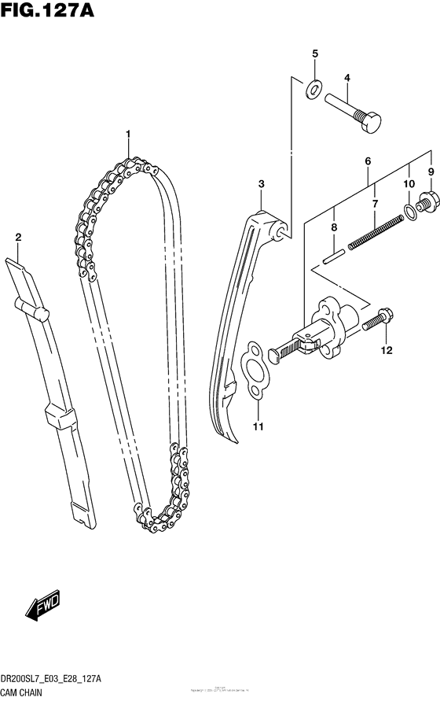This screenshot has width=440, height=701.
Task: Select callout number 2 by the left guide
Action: [18, 237]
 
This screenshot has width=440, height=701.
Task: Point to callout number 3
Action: [261, 184]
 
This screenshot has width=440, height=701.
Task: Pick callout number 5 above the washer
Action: [314, 53]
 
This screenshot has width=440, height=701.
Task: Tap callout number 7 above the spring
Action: [375, 204]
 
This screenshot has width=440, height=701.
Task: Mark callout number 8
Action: [333, 227]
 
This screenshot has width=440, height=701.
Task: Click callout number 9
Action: [431, 172]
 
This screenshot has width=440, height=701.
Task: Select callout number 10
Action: [409, 184]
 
